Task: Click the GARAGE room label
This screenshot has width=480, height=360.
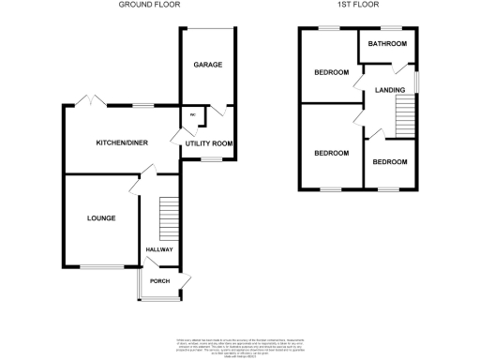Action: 207,65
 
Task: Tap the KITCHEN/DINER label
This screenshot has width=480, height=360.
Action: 122,142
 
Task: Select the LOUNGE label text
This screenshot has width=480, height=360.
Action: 101,217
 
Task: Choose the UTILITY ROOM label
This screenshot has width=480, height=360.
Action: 208,142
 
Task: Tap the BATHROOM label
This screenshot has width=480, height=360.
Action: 386,44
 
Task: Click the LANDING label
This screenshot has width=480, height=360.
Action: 389,90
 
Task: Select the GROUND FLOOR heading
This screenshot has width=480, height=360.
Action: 150,5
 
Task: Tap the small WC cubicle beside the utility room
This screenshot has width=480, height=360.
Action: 192,116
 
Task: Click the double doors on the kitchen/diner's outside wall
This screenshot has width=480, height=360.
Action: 90,100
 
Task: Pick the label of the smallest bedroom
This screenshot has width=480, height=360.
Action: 389,162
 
